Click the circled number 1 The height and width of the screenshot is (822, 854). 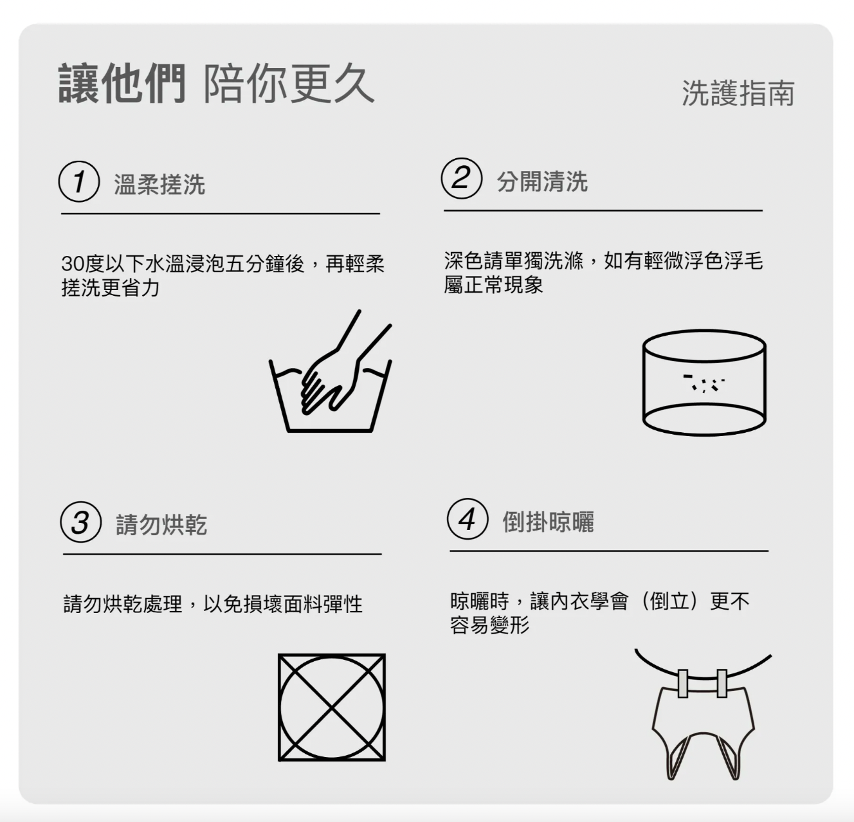click(79, 181)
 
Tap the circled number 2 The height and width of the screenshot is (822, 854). click(462, 179)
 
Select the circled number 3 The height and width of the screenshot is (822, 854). click(81, 522)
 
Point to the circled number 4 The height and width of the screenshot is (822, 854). click(468, 519)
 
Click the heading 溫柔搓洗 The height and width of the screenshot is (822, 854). click(159, 184)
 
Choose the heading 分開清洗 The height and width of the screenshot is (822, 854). click(542, 181)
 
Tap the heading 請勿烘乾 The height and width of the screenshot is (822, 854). click(161, 524)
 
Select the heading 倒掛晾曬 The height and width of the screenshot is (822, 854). click(549, 522)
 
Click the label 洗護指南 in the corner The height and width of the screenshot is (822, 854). click(738, 93)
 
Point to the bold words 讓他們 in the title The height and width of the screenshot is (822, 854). click(122, 84)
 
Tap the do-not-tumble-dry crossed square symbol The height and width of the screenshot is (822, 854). click(332, 708)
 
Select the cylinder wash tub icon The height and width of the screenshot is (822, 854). click(704, 383)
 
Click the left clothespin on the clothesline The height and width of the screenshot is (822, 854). click(682, 683)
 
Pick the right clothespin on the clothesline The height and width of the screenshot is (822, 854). click(722, 683)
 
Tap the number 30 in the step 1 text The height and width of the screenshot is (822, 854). click(72, 264)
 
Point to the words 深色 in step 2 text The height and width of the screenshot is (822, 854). click(464, 260)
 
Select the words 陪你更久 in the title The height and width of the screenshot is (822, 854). click(289, 84)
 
